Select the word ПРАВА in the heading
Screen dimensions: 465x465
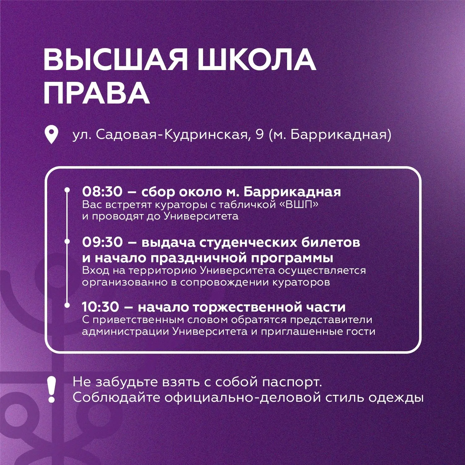[x=96, y=92]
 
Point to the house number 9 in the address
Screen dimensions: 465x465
[x=260, y=135]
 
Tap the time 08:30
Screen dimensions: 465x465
[x=102, y=192]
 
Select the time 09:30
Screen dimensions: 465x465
[x=102, y=242]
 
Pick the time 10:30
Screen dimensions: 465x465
[x=100, y=307]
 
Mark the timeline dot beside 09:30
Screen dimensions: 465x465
[x=67, y=241]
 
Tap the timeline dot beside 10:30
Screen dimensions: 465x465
[x=67, y=305]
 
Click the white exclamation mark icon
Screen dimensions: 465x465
[x=51, y=390]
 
